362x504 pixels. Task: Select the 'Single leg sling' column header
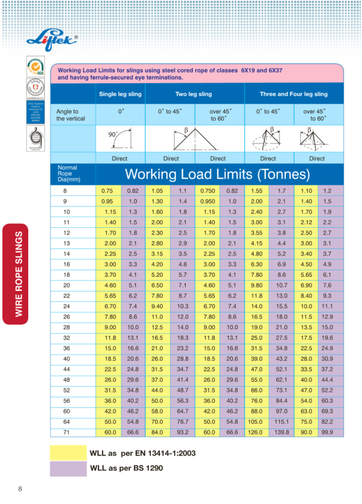121,94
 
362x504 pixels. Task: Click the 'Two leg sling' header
193,94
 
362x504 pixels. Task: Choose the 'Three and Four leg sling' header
294,94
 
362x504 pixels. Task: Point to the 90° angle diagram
121,140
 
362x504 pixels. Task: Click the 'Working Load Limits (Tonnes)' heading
218,175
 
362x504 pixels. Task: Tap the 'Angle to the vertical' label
71,114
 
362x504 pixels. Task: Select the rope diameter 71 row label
65,432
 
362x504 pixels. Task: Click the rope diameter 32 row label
66,338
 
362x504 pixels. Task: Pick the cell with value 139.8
282,432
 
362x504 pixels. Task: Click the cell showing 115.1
282,421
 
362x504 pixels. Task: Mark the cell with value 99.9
328,432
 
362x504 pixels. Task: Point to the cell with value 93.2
183,432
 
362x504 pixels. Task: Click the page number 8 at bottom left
21,488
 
